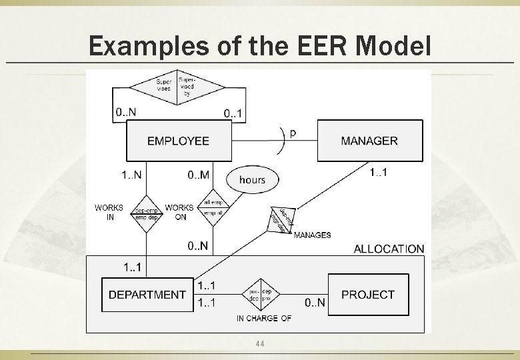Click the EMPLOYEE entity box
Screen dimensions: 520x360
[178, 141]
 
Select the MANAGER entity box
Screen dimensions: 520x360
[369, 141]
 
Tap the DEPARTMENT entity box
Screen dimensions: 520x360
[147, 295]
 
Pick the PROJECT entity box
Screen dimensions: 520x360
[367, 295]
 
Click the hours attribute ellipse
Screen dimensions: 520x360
[252, 179]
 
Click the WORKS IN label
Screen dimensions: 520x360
[109, 212]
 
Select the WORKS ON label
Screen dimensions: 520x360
[179, 212]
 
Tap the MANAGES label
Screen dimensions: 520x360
[312, 235]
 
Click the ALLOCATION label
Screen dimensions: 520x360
[388, 249]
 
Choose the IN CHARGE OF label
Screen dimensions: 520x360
[263, 319]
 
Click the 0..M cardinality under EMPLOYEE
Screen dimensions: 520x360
[198, 175]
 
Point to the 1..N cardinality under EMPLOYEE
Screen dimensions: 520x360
[132, 175]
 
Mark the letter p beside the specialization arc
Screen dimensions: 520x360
[293, 132]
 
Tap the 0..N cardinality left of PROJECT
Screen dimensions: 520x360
[315, 303]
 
